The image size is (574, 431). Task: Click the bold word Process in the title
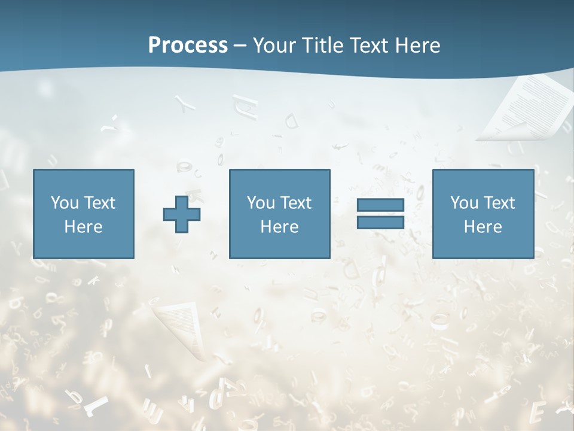tap(188, 45)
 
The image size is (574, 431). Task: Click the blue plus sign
tap(182, 214)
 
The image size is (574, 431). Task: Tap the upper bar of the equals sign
tap(380, 205)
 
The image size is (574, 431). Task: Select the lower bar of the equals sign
tap(380, 223)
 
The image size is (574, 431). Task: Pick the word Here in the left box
tap(83, 227)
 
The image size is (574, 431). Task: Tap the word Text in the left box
tap(99, 203)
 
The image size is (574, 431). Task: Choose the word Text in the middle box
tap(295, 203)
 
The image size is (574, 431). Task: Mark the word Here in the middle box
tap(279, 227)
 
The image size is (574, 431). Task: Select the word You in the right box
tap(464, 203)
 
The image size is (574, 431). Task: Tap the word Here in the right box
tap(483, 227)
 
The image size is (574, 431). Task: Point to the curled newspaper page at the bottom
tap(182, 326)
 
